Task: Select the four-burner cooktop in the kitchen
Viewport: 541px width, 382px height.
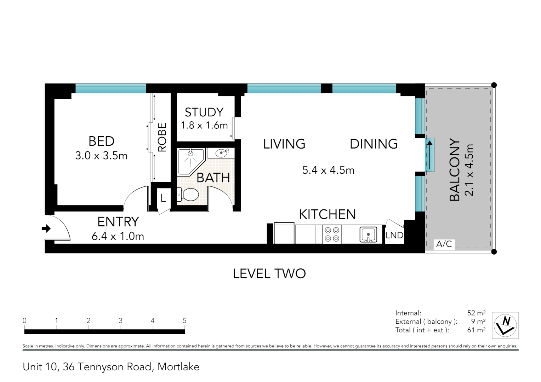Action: coord(332,235)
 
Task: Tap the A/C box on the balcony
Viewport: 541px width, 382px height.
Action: coord(444,244)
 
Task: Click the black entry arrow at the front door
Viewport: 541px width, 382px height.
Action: coord(46,228)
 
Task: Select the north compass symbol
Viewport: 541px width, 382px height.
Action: coord(506,325)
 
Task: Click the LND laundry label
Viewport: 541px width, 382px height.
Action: coord(394,235)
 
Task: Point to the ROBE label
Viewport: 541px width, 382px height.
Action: coord(162,137)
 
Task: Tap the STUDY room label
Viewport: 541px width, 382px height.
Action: coord(204,112)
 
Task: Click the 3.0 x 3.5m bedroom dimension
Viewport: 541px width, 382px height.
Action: coord(101,156)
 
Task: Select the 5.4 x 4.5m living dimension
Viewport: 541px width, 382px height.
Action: coord(328,170)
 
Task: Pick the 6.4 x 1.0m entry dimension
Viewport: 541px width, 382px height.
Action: coord(118,236)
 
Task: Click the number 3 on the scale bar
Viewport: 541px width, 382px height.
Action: coord(120,320)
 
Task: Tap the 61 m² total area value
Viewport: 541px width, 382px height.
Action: coord(476,330)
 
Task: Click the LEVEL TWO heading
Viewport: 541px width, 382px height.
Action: coord(269,273)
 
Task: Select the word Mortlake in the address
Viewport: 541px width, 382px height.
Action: coord(178,367)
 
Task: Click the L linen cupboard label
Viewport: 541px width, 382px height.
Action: coord(163,198)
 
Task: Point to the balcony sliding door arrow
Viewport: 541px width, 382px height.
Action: coord(430,155)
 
